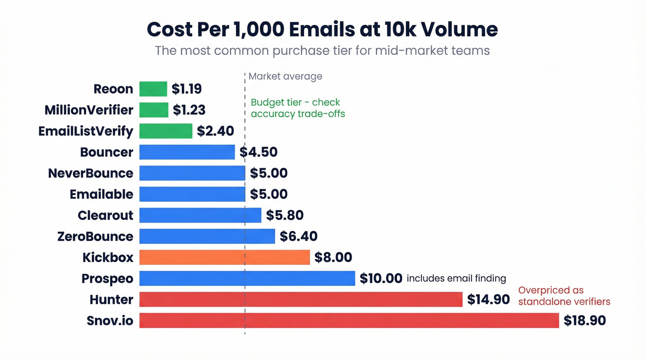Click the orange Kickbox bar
tap(224, 257)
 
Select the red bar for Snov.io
tap(349, 320)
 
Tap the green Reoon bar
tap(153, 89)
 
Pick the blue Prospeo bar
tap(247, 278)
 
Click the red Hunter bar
tap(300, 299)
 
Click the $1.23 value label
tap(189, 110)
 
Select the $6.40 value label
tap(299, 236)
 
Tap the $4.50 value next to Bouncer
tap(258, 152)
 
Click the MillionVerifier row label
tap(89, 110)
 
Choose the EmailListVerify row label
tap(86, 131)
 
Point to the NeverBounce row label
tap(91, 173)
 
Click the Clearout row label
tap(106, 215)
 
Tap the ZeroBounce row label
tap(95, 236)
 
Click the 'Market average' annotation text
tap(285, 77)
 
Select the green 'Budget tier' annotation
tap(298, 108)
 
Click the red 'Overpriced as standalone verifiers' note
tap(564, 296)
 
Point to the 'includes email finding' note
tap(456, 278)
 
